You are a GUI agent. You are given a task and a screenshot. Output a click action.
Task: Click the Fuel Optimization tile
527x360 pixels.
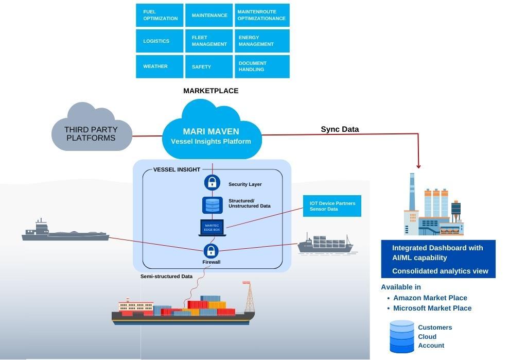[x=160, y=15]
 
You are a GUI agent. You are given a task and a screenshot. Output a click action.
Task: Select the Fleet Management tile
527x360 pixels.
[x=209, y=41]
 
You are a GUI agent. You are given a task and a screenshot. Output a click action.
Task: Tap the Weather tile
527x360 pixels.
[x=160, y=66]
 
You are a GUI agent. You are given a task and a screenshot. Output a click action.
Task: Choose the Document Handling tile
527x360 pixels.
[x=262, y=66]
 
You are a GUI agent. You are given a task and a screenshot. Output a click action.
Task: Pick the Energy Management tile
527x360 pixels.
[x=262, y=41]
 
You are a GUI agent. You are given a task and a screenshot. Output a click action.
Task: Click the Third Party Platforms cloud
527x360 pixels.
[x=91, y=132]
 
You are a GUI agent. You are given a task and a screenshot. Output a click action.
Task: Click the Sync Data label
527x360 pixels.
[x=340, y=129]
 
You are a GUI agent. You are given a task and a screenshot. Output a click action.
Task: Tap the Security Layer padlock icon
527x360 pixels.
[x=212, y=182]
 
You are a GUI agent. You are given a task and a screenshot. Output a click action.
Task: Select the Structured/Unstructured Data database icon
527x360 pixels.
[x=212, y=204]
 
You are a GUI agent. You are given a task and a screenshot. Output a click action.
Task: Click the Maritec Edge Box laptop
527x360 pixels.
[x=212, y=228]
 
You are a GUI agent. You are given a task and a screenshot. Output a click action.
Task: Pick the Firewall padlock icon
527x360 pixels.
[x=212, y=251]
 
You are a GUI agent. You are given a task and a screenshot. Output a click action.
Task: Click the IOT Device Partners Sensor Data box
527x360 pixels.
[x=332, y=206]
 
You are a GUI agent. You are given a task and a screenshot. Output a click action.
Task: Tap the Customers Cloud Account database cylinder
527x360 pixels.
[x=402, y=336]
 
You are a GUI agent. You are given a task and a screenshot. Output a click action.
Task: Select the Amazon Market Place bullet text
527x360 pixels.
[x=430, y=298]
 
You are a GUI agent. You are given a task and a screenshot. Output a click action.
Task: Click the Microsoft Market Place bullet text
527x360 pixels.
[x=432, y=308]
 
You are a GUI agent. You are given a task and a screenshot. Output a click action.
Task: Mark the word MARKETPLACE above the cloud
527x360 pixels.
[x=211, y=91]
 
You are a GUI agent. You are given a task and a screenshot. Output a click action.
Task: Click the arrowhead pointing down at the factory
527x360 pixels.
[x=418, y=166]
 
